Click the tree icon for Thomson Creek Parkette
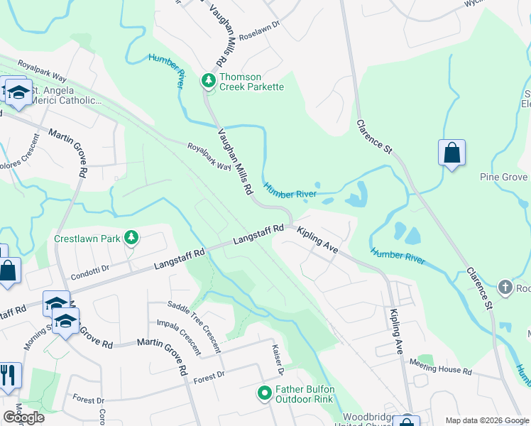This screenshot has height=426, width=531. pos(209,81)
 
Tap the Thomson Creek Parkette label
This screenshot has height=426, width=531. pos(251,82)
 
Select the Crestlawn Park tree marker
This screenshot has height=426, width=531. pos(131,238)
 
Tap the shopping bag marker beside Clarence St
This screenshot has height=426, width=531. pos(451,153)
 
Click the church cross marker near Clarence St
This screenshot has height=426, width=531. pos(505,288)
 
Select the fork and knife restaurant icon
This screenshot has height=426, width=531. pos(8,375)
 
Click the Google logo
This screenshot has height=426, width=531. pos(23,417)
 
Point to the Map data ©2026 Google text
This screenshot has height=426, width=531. pos(485,420)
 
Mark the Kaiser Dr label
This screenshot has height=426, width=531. pos(278,359)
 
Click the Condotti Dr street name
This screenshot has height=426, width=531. pos(89,268)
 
